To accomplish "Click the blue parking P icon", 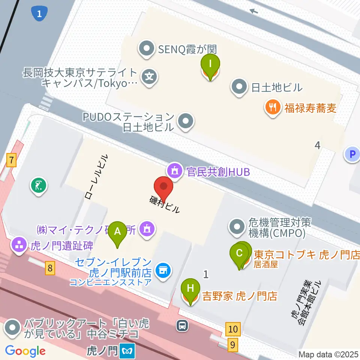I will click(352, 154).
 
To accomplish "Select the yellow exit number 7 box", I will click(12, 161).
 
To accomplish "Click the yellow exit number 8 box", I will click(50, 268).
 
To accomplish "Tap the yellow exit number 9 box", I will click(233, 344).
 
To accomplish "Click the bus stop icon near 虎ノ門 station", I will click(183, 325).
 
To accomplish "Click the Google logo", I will click(25, 351).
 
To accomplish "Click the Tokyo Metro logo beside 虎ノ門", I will click(128, 351).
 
